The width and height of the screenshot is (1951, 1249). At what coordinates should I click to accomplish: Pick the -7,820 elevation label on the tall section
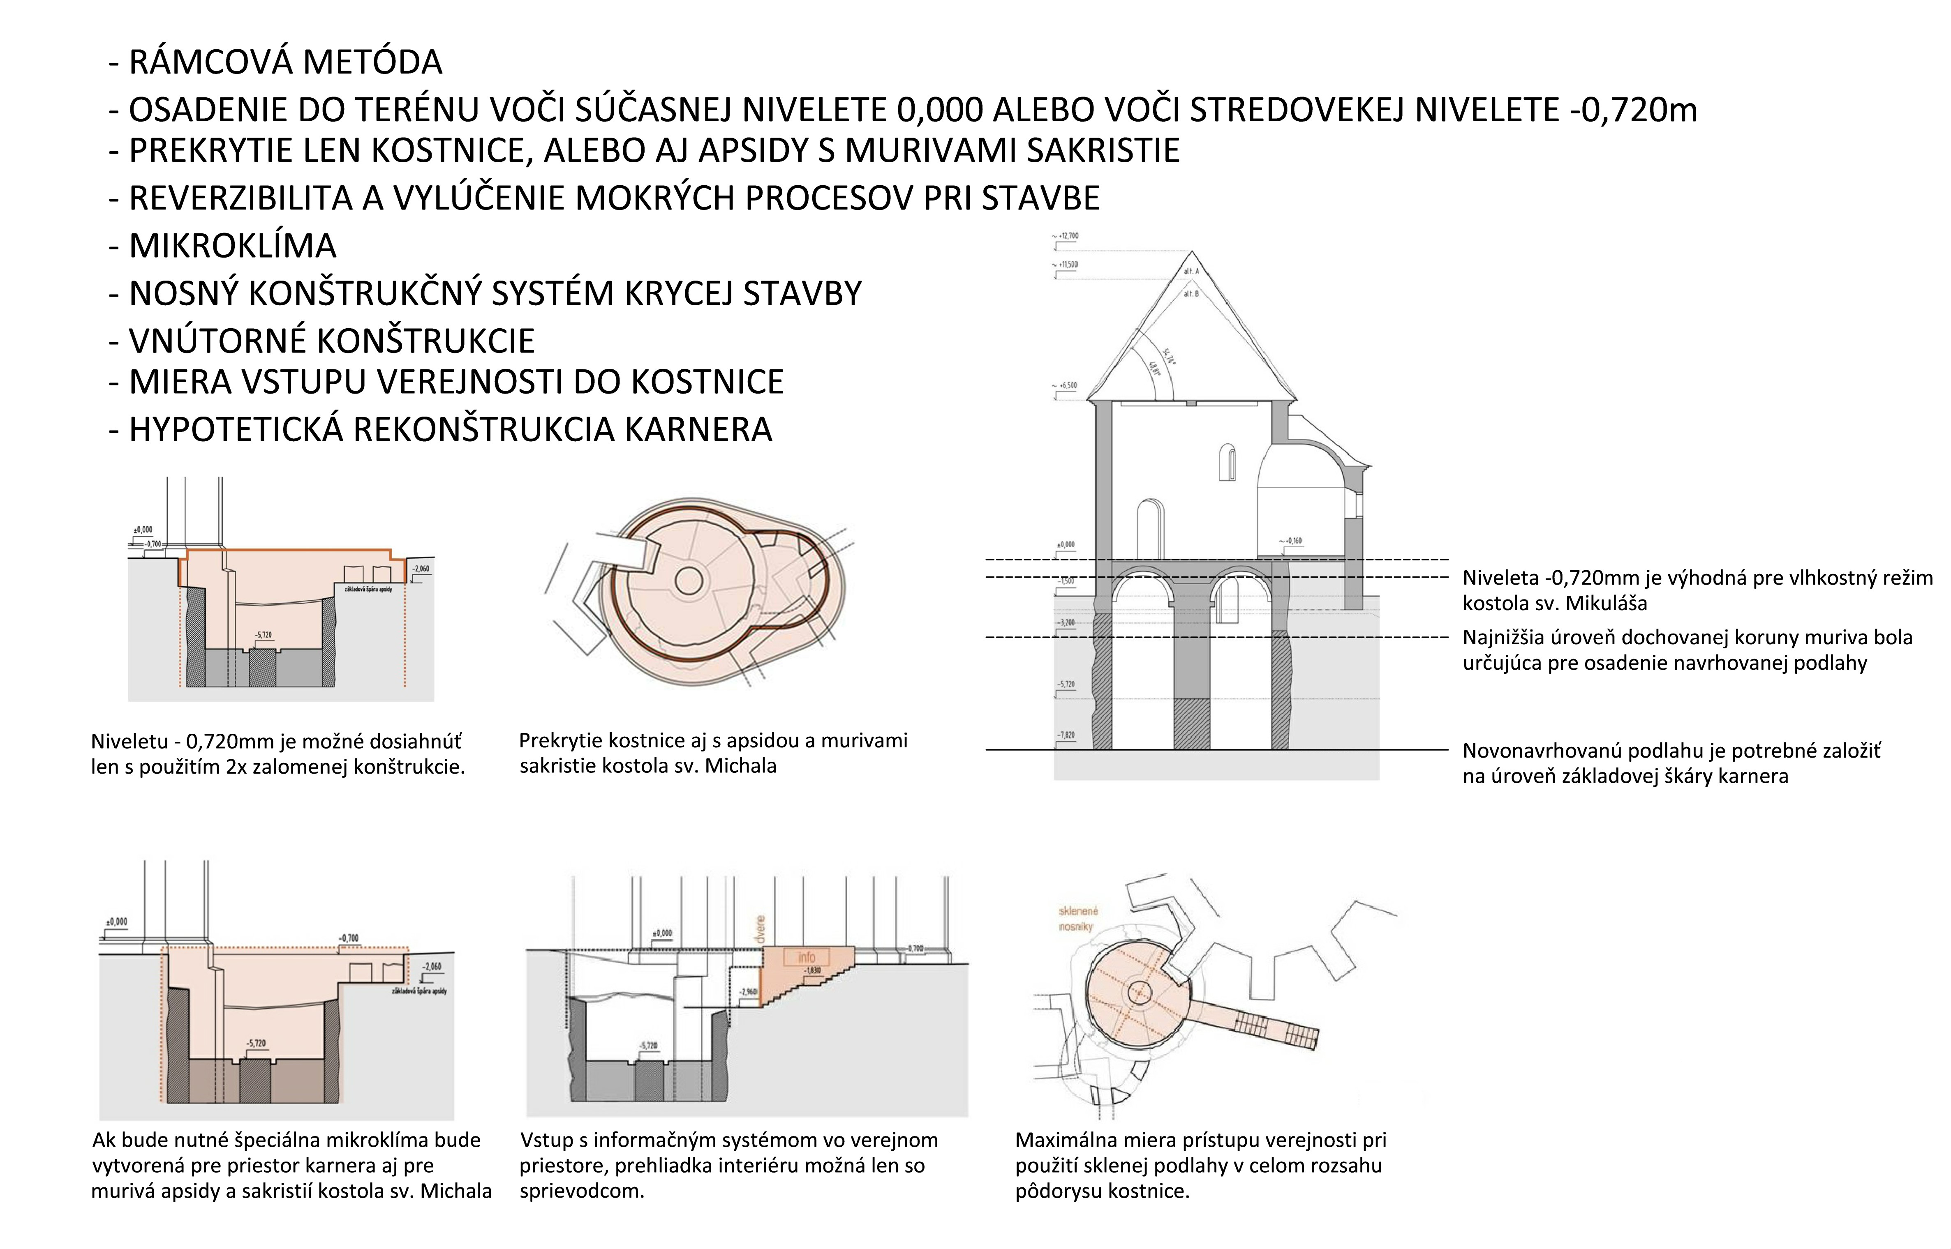click(x=1065, y=735)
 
